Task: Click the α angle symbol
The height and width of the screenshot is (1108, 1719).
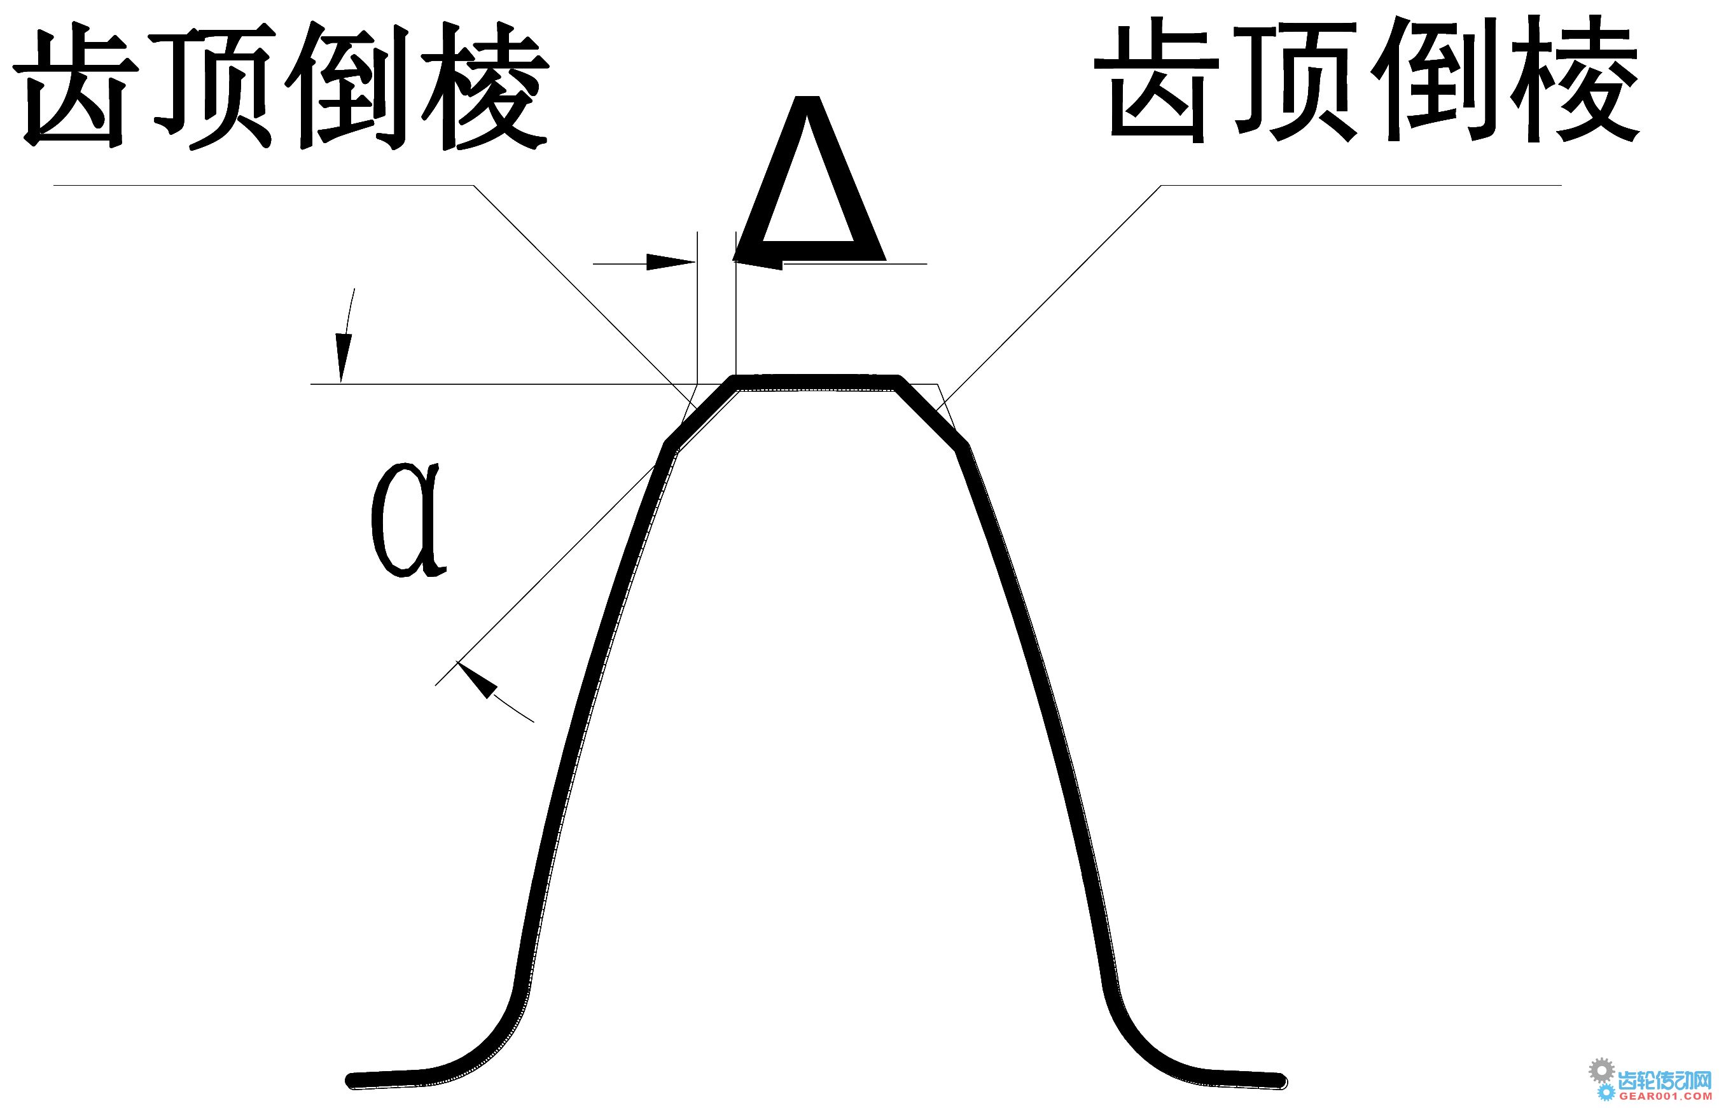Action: (408, 520)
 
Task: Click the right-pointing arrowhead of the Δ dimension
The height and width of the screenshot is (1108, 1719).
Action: (671, 263)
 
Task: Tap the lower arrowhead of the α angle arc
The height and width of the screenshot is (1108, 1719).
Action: (477, 679)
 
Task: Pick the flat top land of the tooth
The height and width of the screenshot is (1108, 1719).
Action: (816, 382)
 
